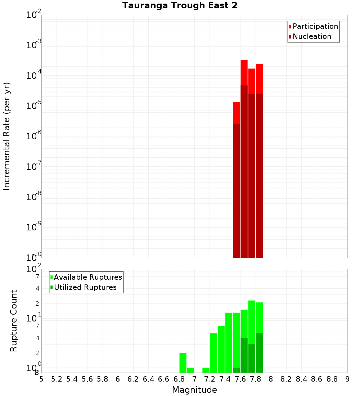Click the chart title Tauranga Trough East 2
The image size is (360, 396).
click(x=180, y=5)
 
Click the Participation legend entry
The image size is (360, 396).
click(x=315, y=27)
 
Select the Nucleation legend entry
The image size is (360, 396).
click(x=311, y=37)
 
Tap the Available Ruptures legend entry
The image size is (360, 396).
click(x=87, y=278)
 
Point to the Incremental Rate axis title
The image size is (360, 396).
click(x=7, y=136)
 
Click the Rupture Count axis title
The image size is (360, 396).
click(x=14, y=321)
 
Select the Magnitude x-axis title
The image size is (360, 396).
click(x=194, y=390)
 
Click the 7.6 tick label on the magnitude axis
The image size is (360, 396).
click(x=240, y=379)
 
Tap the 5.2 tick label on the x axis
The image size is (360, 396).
click(x=57, y=379)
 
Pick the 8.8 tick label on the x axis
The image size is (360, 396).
click(x=332, y=379)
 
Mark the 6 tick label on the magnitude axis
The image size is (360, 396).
click(x=118, y=379)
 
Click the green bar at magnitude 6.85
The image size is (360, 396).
click(x=183, y=363)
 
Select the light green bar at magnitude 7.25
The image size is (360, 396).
click(x=213, y=353)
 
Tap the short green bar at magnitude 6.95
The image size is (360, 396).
click(x=190, y=370)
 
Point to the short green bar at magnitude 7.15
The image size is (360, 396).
click(x=206, y=370)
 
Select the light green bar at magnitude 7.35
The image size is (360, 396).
click(x=221, y=349)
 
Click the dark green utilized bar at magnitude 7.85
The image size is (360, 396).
click(x=259, y=353)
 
